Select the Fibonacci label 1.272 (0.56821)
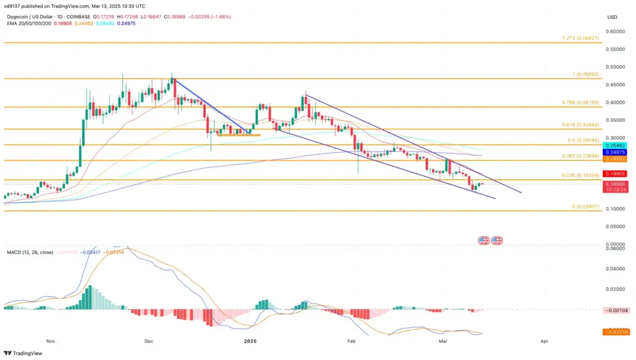tap(581, 39)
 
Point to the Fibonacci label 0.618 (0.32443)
tap(581, 125)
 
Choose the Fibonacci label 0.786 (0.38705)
tap(581, 102)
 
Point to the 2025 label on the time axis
tap(250, 341)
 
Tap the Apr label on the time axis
tap(544, 341)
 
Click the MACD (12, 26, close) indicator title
tap(30, 253)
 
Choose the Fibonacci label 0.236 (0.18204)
tap(581, 175)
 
